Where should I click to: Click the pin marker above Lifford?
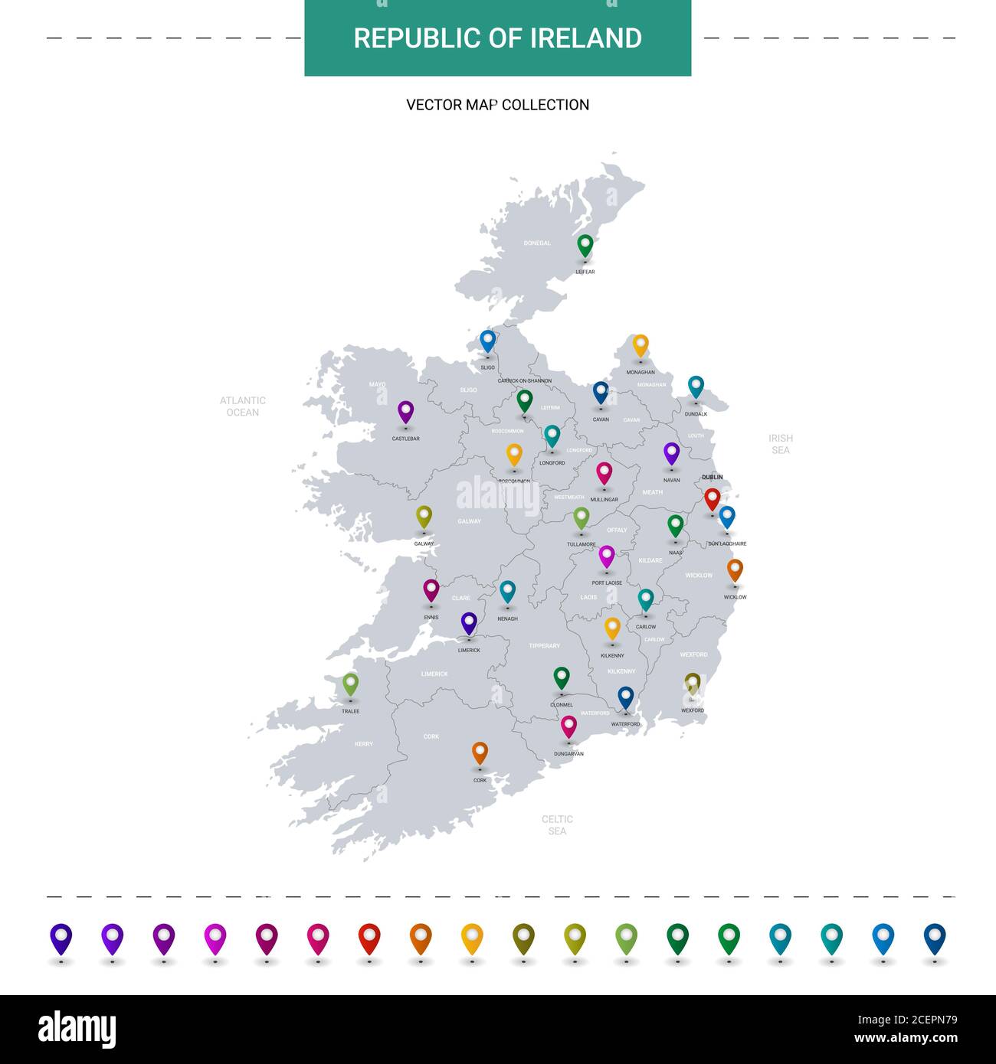pos(585,246)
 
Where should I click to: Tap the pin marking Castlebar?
pos(405,412)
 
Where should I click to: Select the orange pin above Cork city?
pos(480,752)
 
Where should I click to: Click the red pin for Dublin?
pos(713,499)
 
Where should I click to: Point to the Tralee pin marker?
pos(350,684)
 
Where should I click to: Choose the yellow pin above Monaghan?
pos(641,345)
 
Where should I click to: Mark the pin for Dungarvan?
pos(568,726)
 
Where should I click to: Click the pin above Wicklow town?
pos(735,570)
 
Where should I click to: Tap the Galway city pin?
pos(424,517)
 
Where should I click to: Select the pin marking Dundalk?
pos(696,387)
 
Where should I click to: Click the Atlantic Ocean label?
pos(243,406)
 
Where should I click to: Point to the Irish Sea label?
pos(781,444)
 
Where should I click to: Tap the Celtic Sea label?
pos(557,824)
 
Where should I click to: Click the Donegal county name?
pos(537,243)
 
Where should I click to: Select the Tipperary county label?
pos(544,646)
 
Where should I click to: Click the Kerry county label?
pos(364,744)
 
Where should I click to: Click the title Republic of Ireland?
pos(498,38)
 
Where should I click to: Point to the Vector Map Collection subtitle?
pos(498,105)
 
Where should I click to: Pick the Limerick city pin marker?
pos(469,623)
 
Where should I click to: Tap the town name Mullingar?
pos(604,500)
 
